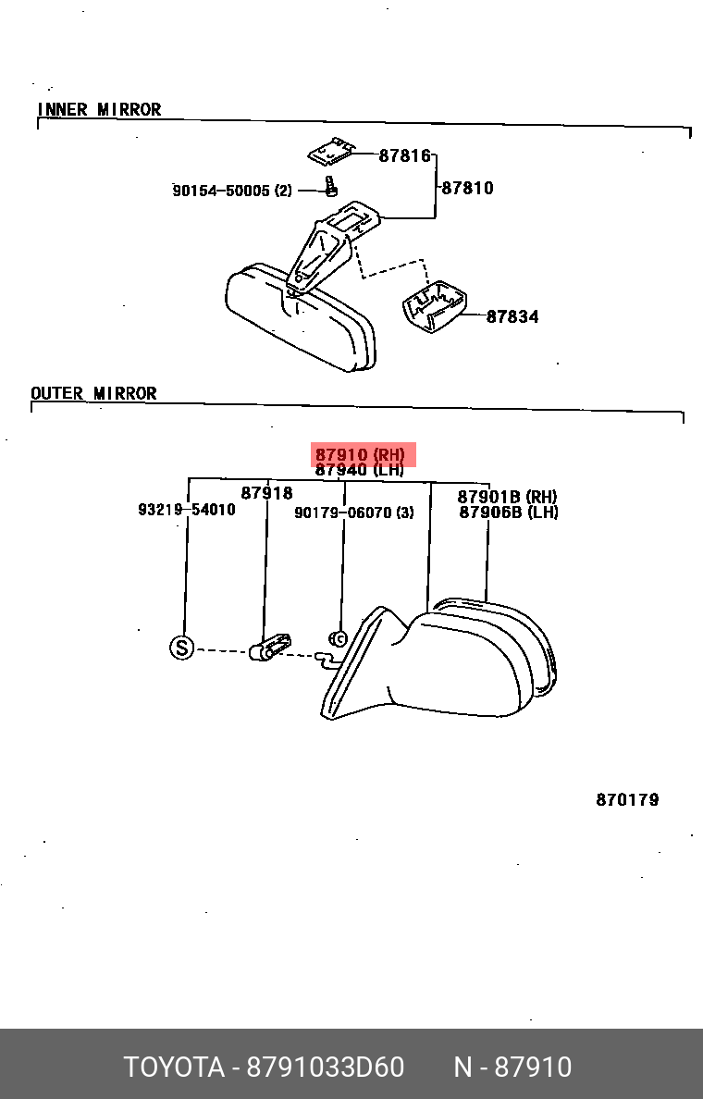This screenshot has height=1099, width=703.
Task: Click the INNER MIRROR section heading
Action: point(99,109)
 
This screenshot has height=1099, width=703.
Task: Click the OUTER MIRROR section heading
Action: point(94,393)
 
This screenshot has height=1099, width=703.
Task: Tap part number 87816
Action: point(404,155)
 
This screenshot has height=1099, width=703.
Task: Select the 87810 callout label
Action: point(467,188)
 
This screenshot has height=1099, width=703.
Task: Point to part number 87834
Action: point(512,316)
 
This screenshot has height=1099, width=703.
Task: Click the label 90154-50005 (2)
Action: point(232,191)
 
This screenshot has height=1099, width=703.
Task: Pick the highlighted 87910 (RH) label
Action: point(360,454)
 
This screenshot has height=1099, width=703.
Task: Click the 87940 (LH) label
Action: point(360,470)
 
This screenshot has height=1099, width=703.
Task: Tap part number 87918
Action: point(267,493)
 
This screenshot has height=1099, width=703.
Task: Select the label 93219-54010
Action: point(187,510)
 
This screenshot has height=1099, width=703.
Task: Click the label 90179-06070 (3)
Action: point(354,512)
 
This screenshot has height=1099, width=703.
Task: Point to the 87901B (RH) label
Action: point(508,497)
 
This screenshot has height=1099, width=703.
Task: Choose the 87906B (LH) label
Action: point(509,512)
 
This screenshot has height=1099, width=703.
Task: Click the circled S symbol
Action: point(181,647)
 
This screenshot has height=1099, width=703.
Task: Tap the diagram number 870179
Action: point(627,799)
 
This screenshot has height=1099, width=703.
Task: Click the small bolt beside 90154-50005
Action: point(331,186)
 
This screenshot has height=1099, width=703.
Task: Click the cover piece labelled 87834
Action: point(435,307)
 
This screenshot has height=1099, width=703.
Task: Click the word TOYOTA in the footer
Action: point(175,1068)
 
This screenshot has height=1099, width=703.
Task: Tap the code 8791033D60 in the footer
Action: point(326,1068)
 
